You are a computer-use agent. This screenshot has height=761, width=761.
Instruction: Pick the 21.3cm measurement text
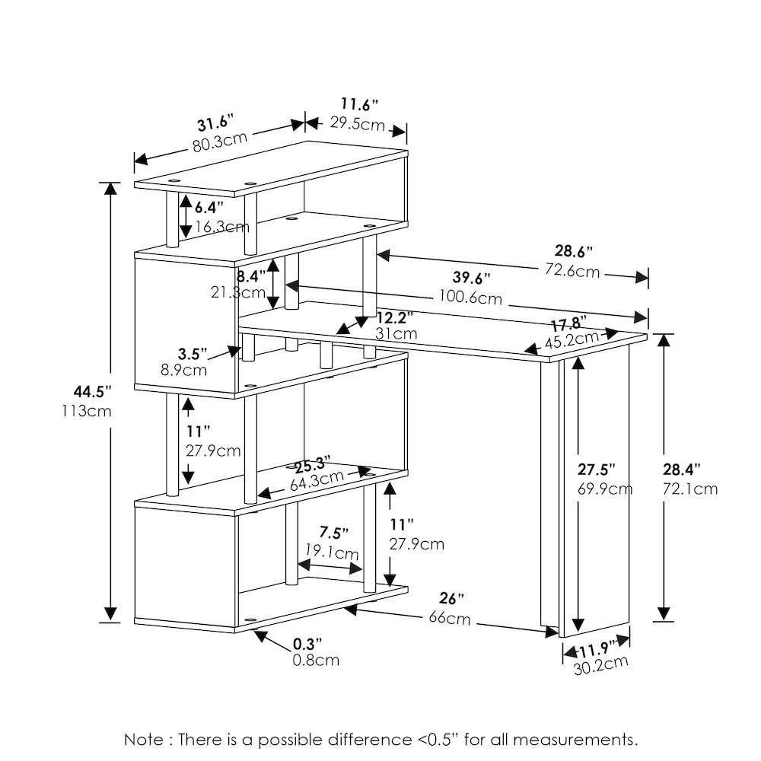click(239, 293)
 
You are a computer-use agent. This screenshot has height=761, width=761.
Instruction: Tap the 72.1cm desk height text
click(690, 489)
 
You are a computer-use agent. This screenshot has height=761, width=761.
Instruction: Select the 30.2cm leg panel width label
click(600, 664)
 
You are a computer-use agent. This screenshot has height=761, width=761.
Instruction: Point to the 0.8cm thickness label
click(315, 660)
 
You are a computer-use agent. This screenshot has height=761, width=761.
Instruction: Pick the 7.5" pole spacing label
click(334, 532)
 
